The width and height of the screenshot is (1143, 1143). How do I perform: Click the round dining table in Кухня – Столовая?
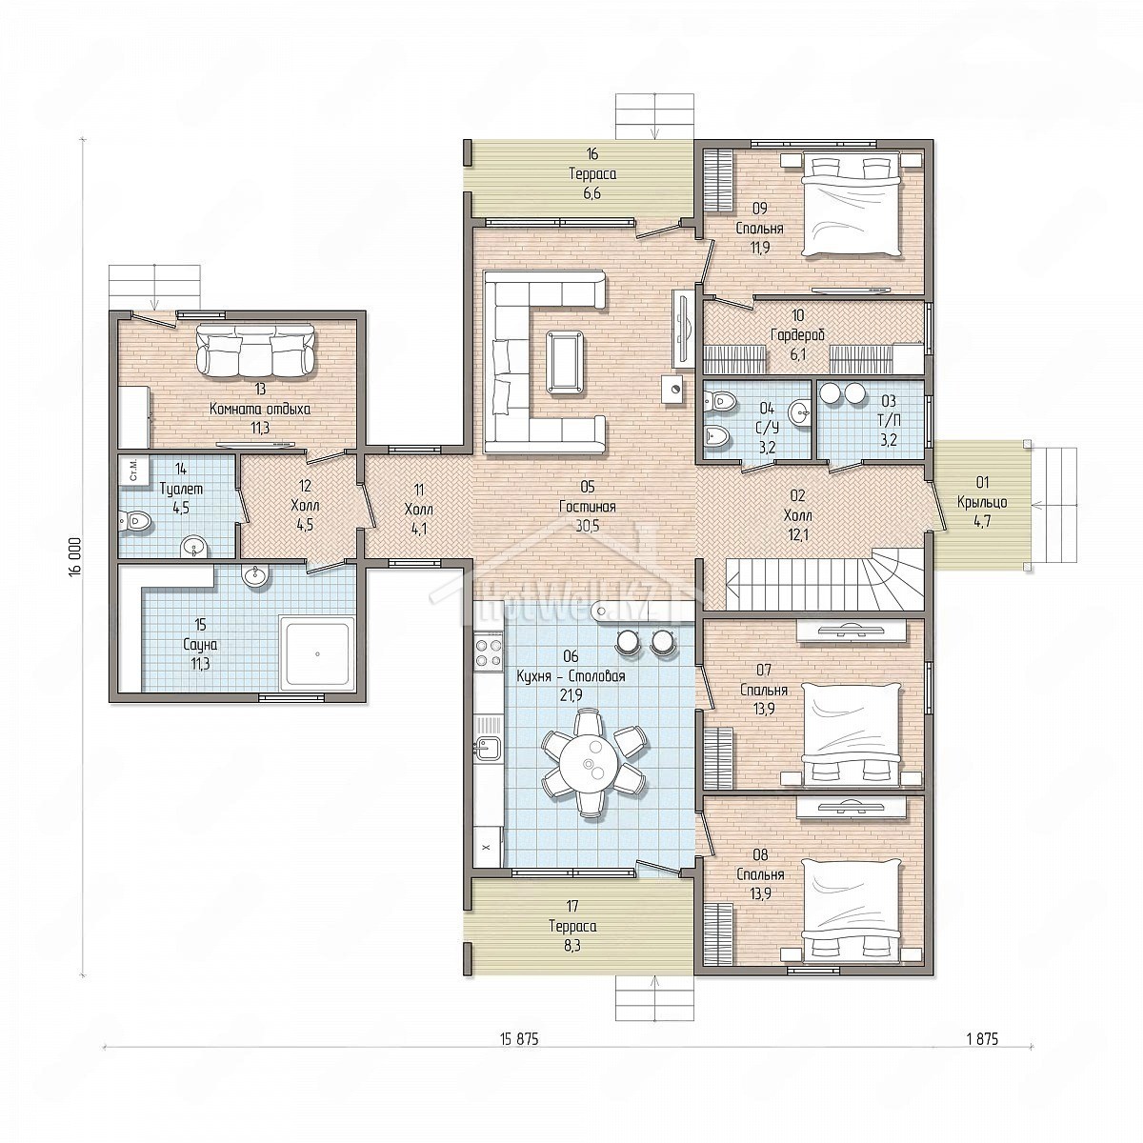pyautogui.click(x=591, y=763)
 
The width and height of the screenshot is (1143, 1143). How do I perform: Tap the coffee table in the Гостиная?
pyautogui.click(x=565, y=362)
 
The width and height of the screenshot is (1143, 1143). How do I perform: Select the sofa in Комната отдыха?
pyautogui.click(x=256, y=350)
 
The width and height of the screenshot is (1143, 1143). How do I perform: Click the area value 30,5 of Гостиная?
pyautogui.click(x=588, y=526)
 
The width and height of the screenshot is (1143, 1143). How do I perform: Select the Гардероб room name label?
pyautogui.click(x=797, y=335)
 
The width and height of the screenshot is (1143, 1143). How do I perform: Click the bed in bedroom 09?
pyautogui.click(x=852, y=203)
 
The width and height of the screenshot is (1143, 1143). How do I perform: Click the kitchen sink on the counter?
pyautogui.click(x=489, y=748)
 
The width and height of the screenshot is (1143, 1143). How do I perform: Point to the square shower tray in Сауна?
pyautogui.click(x=317, y=653)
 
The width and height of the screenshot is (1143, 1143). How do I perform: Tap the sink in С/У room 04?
pyautogui.click(x=799, y=411)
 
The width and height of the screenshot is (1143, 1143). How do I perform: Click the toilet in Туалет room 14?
pyautogui.click(x=135, y=523)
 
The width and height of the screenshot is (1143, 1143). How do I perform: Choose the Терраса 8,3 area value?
pyautogui.click(x=572, y=945)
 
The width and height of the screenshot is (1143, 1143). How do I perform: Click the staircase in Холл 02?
pyautogui.click(x=826, y=579)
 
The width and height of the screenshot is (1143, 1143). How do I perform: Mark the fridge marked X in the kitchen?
pyautogui.click(x=488, y=847)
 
